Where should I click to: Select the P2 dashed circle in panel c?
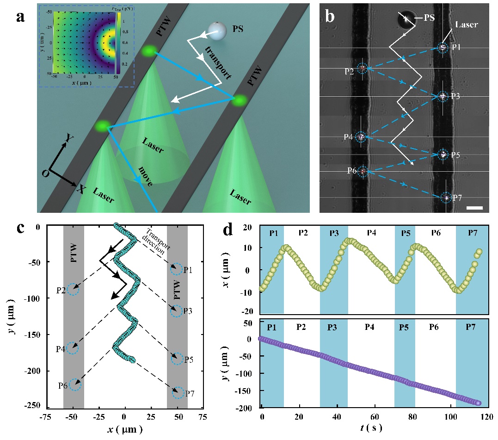coord(73,290)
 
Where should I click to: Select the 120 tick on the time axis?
coord(485,415)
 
